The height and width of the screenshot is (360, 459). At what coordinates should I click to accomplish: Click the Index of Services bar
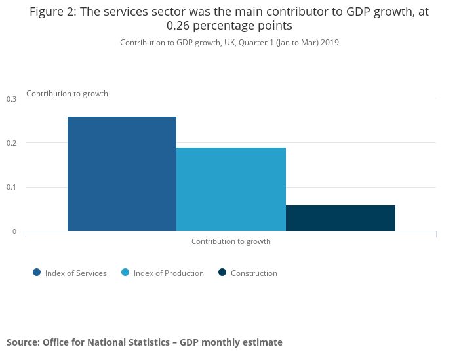coord(122,174)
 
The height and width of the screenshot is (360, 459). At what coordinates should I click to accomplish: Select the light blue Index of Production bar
coord(231,189)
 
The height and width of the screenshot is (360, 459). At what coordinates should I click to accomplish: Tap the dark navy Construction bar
coord(340,218)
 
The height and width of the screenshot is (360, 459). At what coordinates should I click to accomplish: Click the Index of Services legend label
coord(75,273)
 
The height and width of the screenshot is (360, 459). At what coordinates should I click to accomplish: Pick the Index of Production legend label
coord(169,273)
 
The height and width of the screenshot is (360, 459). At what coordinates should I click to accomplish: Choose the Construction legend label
coord(254,273)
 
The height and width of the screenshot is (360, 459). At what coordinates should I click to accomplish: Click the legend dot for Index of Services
coord(37,273)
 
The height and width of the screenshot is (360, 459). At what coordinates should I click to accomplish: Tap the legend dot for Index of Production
coord(125,273)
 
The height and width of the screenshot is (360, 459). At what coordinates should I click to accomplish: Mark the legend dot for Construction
coord(222,273)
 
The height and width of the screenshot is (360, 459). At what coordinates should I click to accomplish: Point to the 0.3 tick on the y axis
coord(12,99)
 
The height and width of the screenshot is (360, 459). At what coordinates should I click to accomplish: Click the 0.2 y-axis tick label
coord(12,143)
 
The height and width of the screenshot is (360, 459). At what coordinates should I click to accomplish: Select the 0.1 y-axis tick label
coord(12,188)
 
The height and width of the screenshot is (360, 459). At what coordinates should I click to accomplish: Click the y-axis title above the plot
coord(67,94)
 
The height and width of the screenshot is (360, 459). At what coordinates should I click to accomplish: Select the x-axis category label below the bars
coord(231,241)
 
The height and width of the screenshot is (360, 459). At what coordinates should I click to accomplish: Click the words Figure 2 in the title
coord(52,12)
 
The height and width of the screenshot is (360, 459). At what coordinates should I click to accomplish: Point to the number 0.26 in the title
coord(180,26)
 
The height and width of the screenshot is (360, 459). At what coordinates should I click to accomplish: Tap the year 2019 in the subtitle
coord(329,43)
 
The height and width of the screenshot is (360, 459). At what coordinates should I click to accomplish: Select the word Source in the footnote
coord(22,342)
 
